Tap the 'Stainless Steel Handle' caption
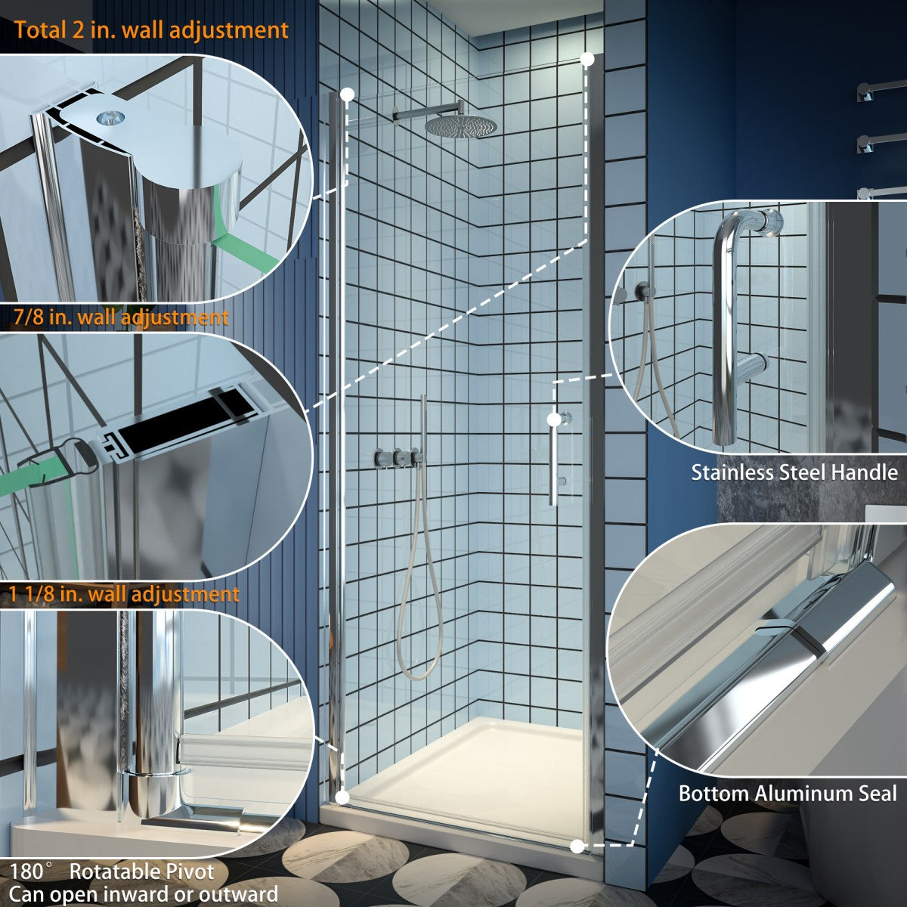click(x=794, y=472)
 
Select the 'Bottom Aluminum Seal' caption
click(x=788, y=793)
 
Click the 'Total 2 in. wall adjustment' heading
click(x=151, y=30)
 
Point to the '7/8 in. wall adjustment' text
click(x=121, y=317)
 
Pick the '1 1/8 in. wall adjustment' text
click(x=124, y=593)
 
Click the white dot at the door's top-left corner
click(x=348, y=94)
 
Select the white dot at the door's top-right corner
click(x=587, y=59)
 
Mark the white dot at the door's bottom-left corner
click(x=342, y=797)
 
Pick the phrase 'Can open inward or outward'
click(x=144, y=893)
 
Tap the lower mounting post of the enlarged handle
click(x=751, y=366)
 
